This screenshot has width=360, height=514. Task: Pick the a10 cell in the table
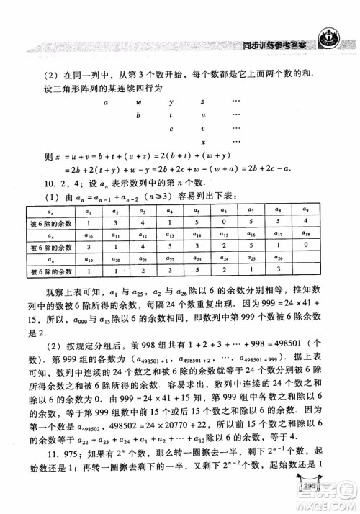coord(88,235)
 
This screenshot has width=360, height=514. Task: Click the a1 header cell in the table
coord(88,211)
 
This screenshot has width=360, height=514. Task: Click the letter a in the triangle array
coord(106,103)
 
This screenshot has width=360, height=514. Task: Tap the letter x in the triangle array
coord(203,142)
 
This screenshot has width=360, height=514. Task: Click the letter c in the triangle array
coord(170,129)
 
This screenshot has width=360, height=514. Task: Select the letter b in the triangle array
coord(138,116)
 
